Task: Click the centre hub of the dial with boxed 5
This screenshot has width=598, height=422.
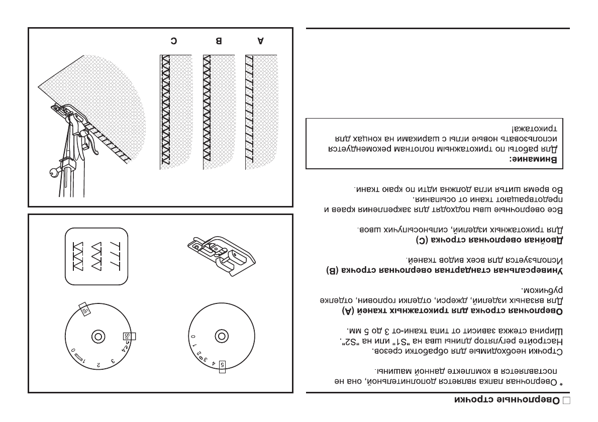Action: click(220, 335)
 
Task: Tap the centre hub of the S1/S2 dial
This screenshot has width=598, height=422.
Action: click(97, 336)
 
